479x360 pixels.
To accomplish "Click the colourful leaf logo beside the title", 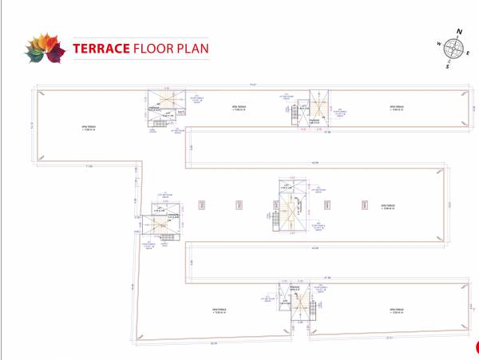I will click(43, 48).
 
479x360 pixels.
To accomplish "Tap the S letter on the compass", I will click(448, 66).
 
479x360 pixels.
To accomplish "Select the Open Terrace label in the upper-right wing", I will click(398, 108).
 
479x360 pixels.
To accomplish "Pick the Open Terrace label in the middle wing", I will click(389, 205).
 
